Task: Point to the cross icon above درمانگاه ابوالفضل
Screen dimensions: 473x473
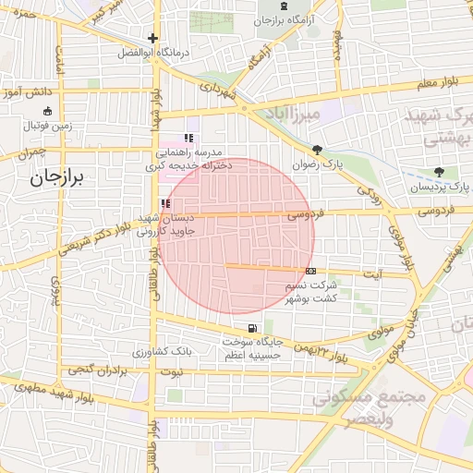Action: tap(152, 39)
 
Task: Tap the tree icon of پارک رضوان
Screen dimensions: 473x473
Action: tap(318, 150)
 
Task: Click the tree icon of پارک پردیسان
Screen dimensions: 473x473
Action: tap(439, 173)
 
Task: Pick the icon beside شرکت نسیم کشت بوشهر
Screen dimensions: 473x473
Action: tap(310, 272)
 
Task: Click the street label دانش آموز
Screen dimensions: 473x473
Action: tap(24, 93)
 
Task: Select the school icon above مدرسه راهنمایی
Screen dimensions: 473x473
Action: tap(189, 139)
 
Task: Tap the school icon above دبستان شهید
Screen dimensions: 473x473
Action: tap(165, 204)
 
